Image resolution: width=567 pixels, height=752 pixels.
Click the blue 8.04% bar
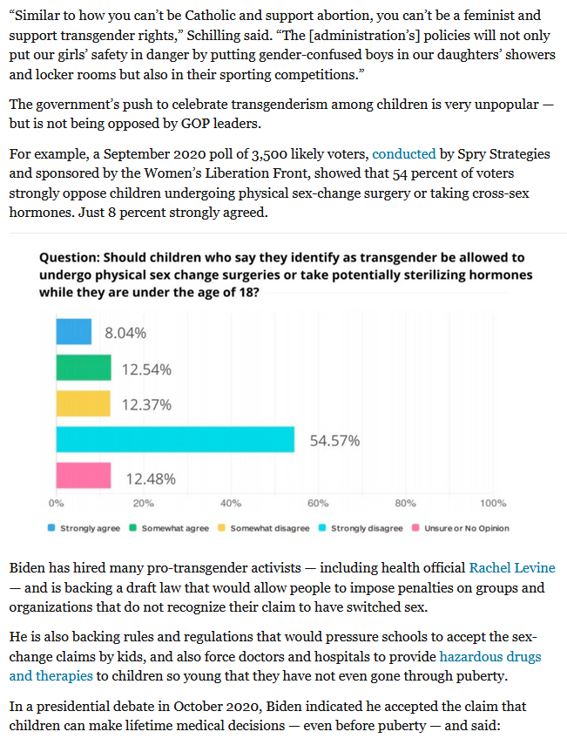tap(74, 332)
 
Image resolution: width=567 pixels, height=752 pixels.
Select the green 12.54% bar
tap(84, 368)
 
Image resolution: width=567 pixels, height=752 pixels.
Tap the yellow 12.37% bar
tap(83, 403)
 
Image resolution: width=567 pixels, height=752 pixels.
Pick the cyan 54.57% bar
tap(175, 439)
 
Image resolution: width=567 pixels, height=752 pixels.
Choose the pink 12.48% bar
tap(84, 475)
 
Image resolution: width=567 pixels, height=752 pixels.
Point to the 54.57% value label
tap(334, 441)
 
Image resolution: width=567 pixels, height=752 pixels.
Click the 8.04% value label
tap(125, 333)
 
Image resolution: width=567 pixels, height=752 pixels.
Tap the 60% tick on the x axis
tap(318, 503)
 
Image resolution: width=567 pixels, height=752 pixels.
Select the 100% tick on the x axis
tap(493, 503)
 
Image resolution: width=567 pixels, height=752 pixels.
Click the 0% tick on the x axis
tap(56, 503)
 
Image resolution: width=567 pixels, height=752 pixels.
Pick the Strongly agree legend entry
tap(84, 528)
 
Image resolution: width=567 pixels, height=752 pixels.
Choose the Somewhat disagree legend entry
tap(264, 528)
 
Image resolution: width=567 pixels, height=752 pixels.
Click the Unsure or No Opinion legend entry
tap(461, 528)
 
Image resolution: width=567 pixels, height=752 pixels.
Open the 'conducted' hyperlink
tap(404, 154)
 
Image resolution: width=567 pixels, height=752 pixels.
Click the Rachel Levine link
tap(512, 568)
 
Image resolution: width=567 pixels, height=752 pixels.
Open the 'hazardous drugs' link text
tap(490, 656)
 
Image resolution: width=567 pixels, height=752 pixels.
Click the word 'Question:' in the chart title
tap(69, 258)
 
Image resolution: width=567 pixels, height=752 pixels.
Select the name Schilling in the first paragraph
tap(213, 36)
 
